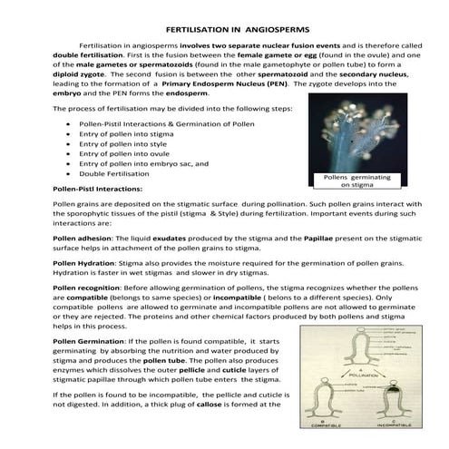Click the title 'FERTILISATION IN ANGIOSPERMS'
[224, 29]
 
